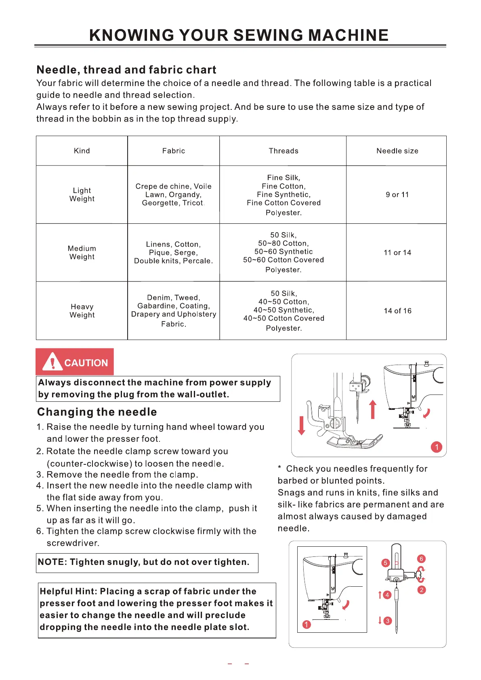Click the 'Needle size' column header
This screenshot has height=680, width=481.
click(x=397, y=151)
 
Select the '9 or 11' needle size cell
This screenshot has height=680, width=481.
click(x=397, y=195)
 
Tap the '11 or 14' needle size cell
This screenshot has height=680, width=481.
click(x=397, y=253)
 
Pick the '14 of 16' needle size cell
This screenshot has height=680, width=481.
click(x=397, y=311)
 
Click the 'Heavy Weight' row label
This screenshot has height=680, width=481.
click(x=82, y=311)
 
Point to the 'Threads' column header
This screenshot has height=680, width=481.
click(x=284, y=151)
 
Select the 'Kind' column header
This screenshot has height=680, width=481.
click(x=82, y=151)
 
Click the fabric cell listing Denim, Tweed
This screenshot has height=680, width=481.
click(x=174, y=311)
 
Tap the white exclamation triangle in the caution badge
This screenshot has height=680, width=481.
click(x=53, y=361)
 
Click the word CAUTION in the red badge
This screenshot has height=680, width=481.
click(x=86, y=363)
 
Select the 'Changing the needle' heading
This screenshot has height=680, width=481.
click(x=97, y=412)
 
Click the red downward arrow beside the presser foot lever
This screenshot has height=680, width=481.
click(x=301, y=426)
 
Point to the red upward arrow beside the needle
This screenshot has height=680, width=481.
click(x=373, y=409)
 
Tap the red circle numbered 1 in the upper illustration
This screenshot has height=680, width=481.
click(x=437, y=447)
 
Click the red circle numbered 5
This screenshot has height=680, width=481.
click(x=385, y=563)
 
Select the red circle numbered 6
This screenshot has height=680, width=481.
click(x=421, y=559)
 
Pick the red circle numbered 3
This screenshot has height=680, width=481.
click(x=387, y=621)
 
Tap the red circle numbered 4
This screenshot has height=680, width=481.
click(x=387, y=595)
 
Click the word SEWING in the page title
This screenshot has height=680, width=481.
click(x=268, y=36)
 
